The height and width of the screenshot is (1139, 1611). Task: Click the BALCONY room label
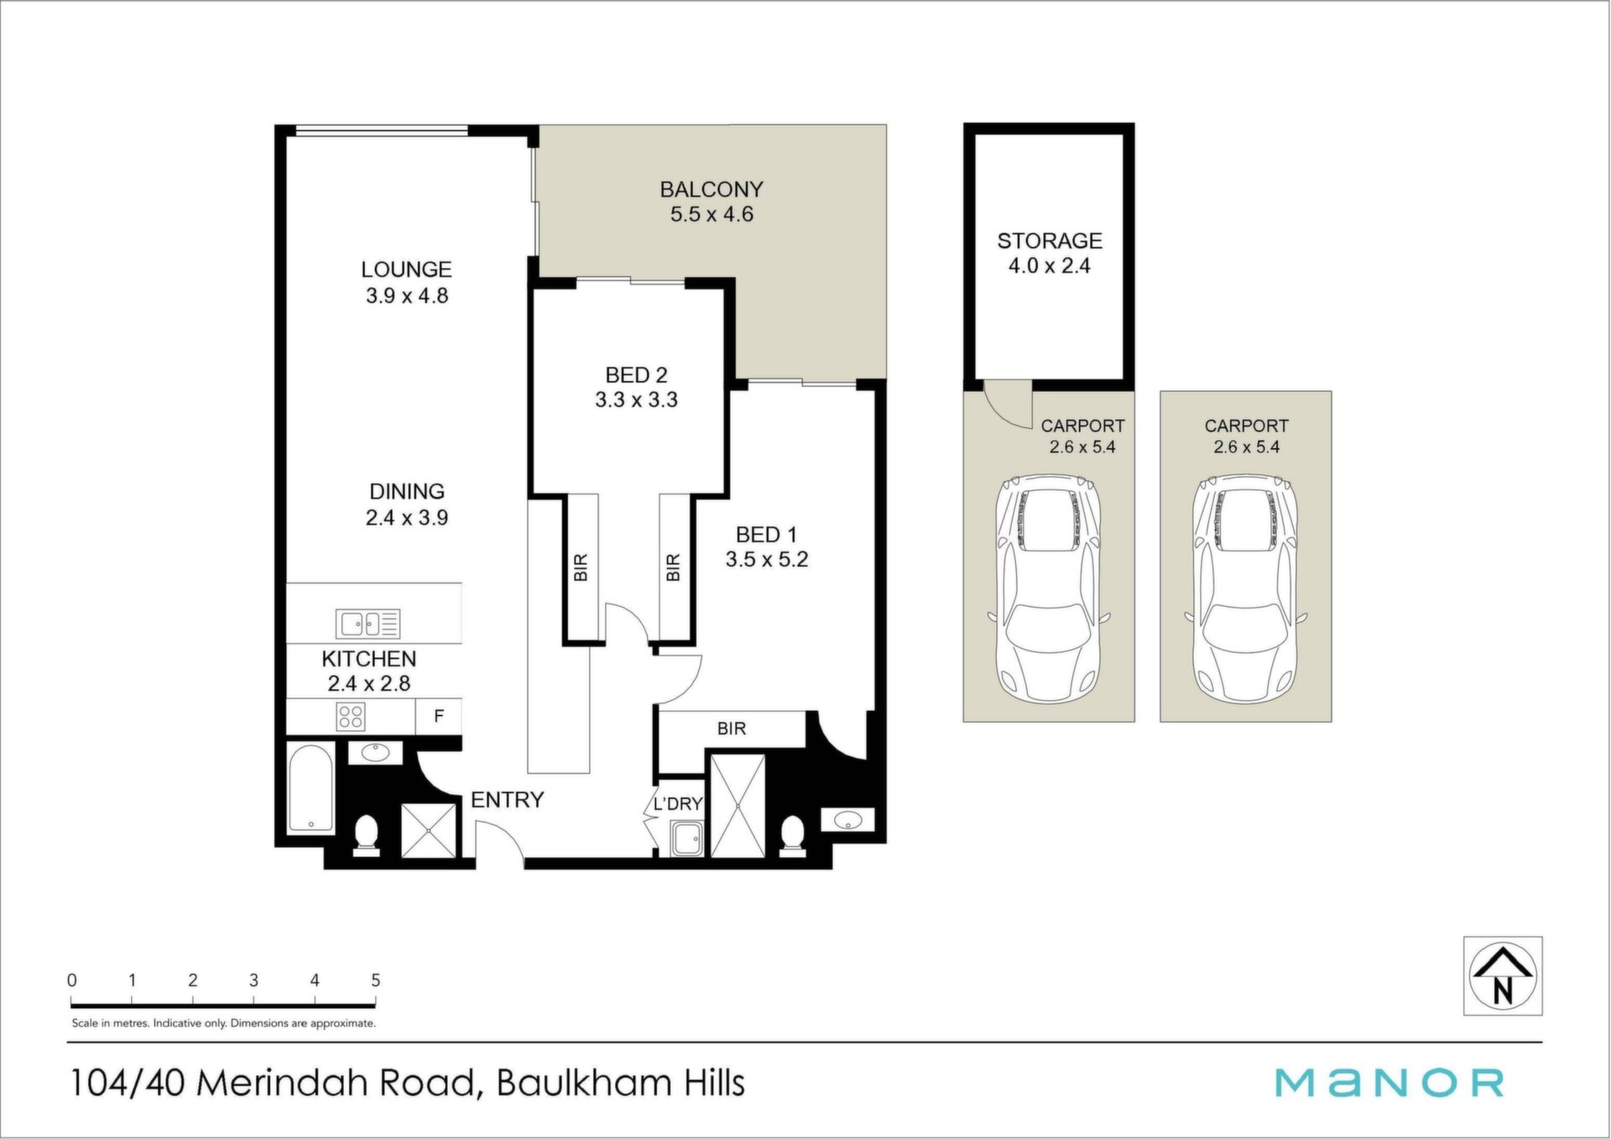click(x=712, y=190)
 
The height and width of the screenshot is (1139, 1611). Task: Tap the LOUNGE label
click(x=406, y=269)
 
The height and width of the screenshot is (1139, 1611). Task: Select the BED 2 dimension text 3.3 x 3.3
click(x=636, y=400)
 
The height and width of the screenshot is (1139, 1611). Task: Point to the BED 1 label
click(x=766, y=535)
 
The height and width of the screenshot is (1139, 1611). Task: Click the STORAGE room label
click(x=1050, y=241)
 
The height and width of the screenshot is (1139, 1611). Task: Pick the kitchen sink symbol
click(x=368, y=624)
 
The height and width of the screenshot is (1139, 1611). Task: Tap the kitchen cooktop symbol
click(x=351, y=717)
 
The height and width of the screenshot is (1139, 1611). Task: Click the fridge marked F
click(x=438, y=717)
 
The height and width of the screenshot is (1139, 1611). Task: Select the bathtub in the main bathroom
click(x=310, y=788)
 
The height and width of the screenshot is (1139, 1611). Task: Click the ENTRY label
click(x=507, y=800)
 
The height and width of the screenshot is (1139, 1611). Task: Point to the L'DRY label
click(x=677, y=804)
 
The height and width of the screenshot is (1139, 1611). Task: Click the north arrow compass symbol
click(x=1503, y=976)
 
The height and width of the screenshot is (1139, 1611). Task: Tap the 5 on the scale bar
click(x=375, y=980)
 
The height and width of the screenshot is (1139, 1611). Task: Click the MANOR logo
click(x=1389, y=1083)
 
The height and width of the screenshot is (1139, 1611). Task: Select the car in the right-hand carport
click(x=1245, y=590)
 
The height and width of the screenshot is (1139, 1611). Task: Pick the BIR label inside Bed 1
click(x=732, y=729)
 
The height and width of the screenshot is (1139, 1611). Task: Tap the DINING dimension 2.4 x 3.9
click(x=406, y=518)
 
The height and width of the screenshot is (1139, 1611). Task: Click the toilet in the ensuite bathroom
click(x=792, y=836)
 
